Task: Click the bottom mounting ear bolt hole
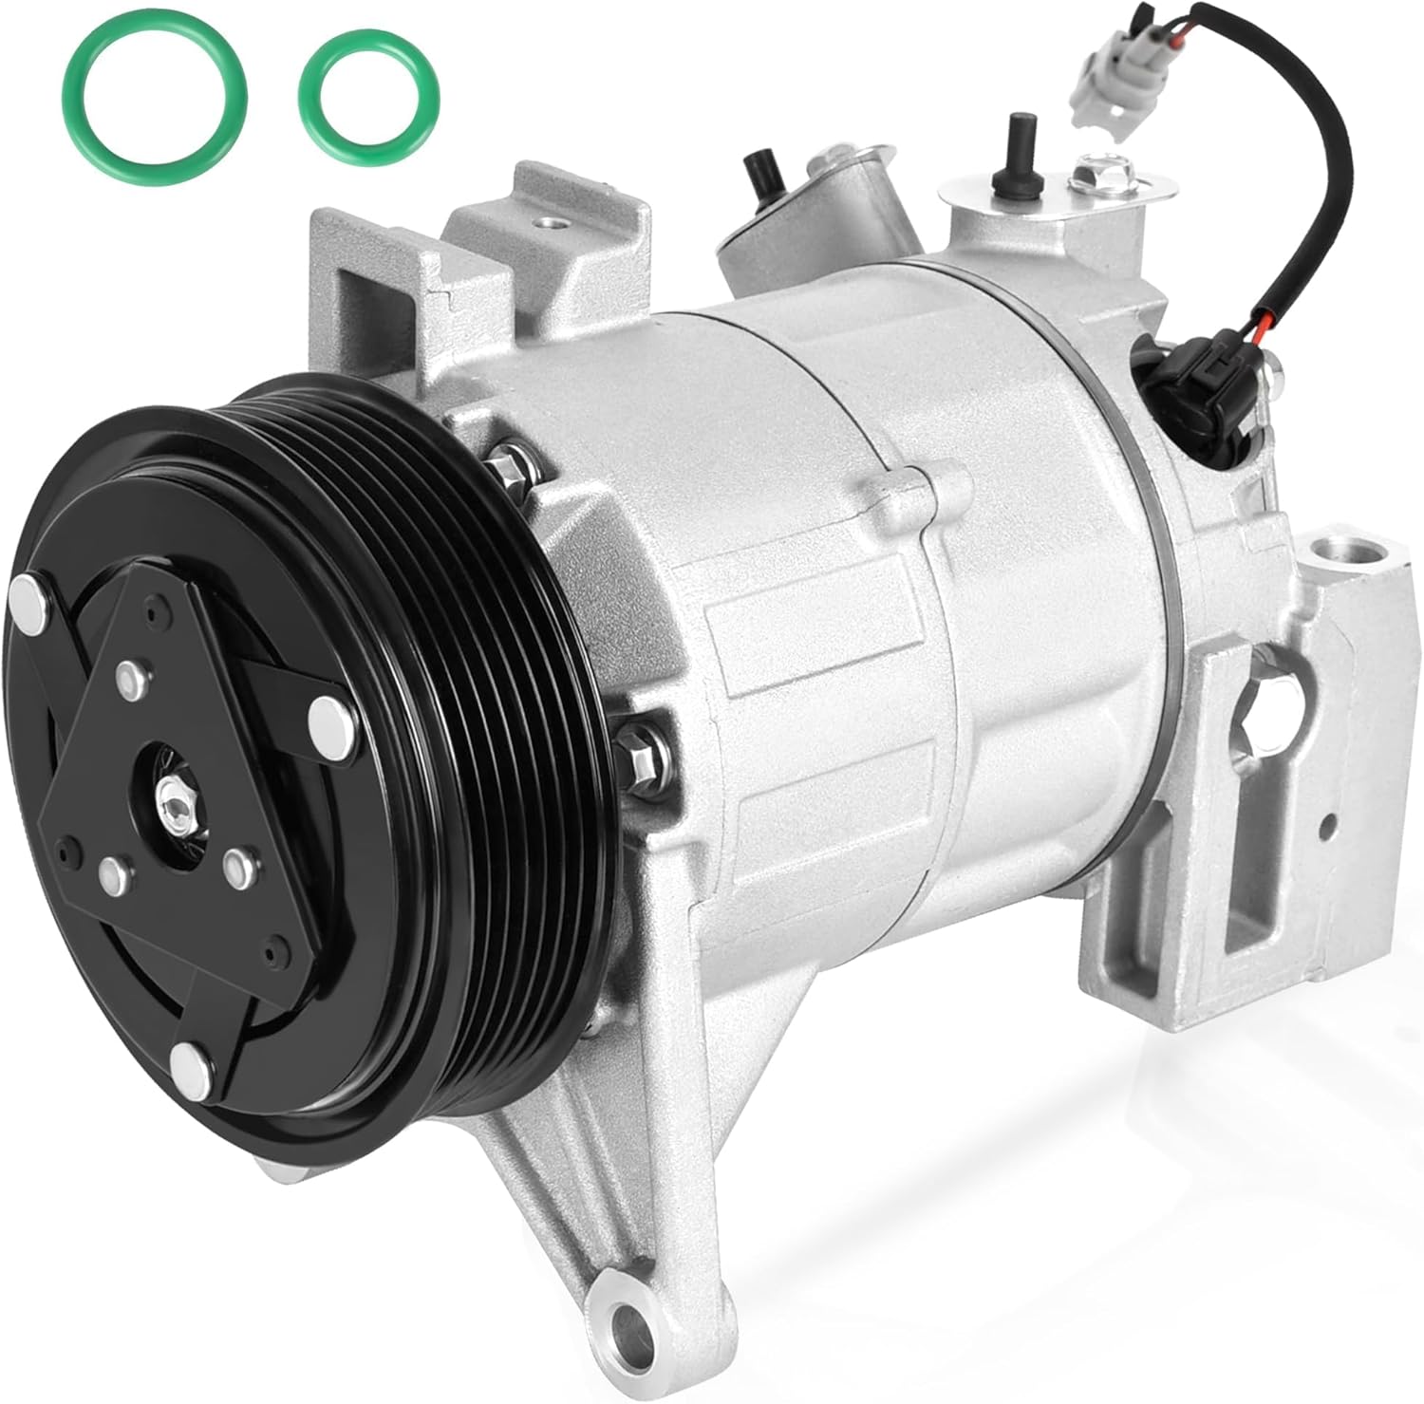tap(626, 1320)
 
